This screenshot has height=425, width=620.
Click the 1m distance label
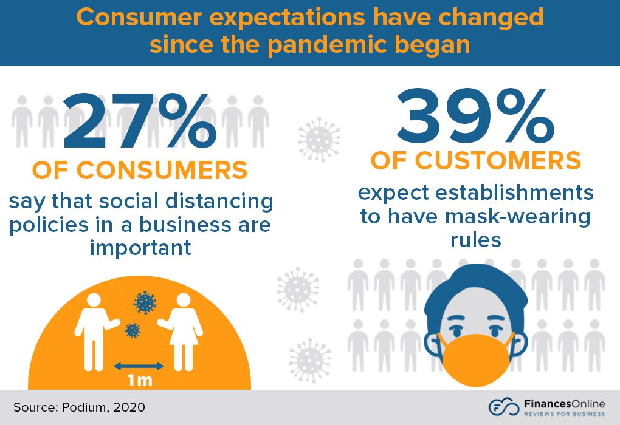pyautogui.click(x=139, y=381)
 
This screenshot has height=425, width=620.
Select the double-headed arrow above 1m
pyautogui.click(x=139, y=365)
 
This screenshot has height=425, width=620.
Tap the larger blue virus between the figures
pyautogui.click(x=144, y=302)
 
